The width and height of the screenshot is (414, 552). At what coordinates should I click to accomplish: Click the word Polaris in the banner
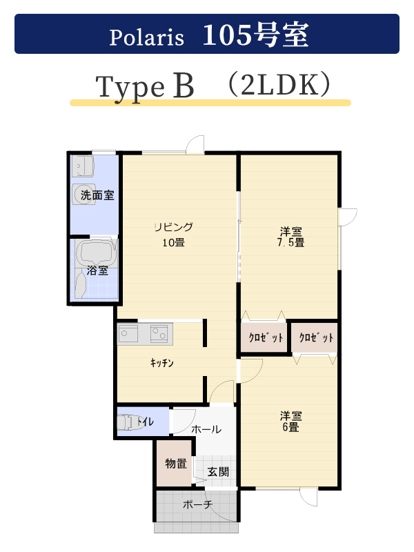pos(146,37)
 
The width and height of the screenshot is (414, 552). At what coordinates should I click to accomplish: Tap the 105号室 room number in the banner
pos(255,34)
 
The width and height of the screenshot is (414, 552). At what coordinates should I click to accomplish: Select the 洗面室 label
pos(97,195)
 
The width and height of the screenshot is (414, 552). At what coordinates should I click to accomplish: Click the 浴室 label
pos(97,270)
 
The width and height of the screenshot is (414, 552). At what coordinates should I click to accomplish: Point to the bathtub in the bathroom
pos(96,253)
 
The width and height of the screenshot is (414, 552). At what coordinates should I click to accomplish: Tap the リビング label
pos(174,227)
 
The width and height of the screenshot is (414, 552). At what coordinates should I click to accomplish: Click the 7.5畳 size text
pos(290,243)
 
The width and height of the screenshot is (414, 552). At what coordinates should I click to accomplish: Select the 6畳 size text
pos(290,427)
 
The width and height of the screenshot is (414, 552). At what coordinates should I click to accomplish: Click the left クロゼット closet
pos(264,337)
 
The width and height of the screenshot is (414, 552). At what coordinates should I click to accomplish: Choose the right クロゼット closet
pos(315,337)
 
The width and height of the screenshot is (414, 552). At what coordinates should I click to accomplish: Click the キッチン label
pos(162,363)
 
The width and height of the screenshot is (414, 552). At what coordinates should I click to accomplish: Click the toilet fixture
pos(128,422)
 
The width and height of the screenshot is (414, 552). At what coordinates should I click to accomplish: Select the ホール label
pos(206,429)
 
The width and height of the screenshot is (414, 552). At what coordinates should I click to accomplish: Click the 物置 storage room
pos(175,463)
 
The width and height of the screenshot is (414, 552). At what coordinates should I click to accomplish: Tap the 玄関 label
pos(218,472)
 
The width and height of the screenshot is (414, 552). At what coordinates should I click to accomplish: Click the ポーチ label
pos(198,504)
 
